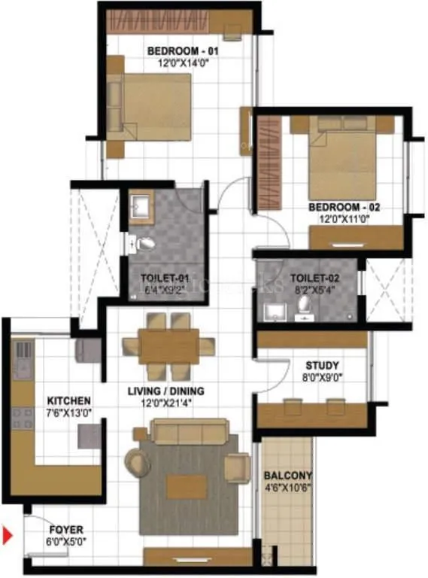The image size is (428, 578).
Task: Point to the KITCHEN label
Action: point(69,400)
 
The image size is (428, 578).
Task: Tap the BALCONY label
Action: point(287,476)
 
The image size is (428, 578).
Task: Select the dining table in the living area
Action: point(168,346)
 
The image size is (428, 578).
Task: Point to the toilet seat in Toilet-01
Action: point(144,243)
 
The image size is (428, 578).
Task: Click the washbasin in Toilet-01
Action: point(141,205)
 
